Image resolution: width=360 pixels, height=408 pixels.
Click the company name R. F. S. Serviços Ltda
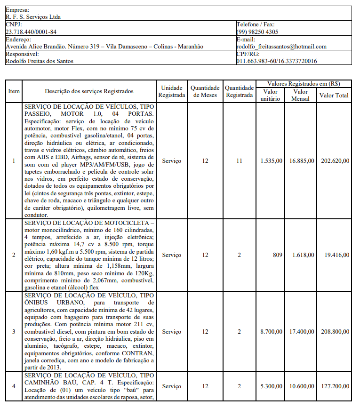click(x=33, y=17)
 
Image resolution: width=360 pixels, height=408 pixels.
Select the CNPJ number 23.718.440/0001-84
click(x=31, y=32)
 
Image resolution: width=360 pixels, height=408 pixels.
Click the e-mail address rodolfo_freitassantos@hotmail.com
click(x=281, y=47)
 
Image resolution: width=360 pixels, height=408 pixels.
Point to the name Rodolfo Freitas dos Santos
click(x=40, y=61)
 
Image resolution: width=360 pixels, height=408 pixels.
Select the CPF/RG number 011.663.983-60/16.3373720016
click(x=276, y=61)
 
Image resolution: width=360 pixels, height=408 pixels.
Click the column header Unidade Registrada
click(x=171, y=91)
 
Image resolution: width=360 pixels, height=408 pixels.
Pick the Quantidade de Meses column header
click(x=205, y=91)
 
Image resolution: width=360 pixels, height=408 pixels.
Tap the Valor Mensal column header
click(x=300, y=95)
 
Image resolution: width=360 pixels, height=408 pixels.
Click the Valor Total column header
click(x=334, y=95)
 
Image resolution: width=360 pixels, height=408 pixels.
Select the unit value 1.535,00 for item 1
click(x=272, y=161)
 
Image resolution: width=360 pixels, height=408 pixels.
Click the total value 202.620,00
click(x=335, y=161)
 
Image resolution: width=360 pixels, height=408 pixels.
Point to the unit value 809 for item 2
click(x=277, y=255)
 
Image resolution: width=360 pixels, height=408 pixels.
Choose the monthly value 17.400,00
click(x=302, y=332)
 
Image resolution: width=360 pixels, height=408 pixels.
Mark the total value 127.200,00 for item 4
click(x=335, y=386)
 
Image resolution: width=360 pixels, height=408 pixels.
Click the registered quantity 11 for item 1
click(x=239, y=161)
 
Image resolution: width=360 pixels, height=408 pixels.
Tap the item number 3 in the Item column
click(x=14, y=332)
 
